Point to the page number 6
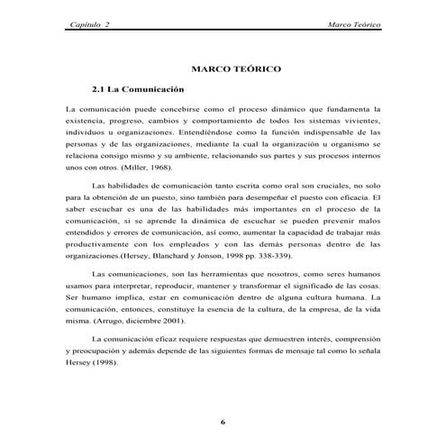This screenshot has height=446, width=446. (x=223, y=421)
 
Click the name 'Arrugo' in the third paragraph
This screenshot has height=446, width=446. (x=106, y=319)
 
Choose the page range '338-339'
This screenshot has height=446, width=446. (x=266, y=255)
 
